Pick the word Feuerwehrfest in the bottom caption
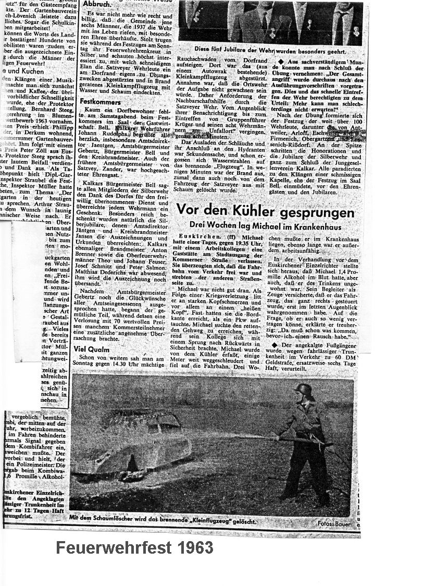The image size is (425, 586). (110, 548)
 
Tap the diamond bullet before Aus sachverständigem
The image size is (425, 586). (282, 62)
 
